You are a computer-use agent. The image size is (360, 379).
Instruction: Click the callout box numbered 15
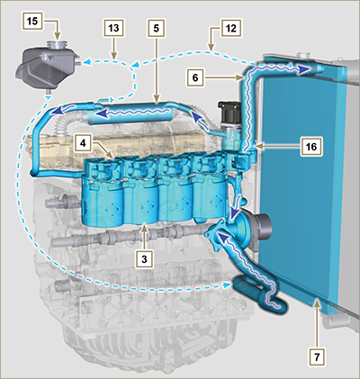coord(32,22)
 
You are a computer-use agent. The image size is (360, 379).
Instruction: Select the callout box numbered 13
coord(113,28)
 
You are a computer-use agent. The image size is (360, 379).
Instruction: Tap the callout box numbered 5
coord(156,28)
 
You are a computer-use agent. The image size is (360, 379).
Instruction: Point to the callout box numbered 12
coord(231,28)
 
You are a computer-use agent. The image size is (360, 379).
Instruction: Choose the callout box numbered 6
coord(195,78)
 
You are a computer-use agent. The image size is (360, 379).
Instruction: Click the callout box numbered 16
coord(311,147)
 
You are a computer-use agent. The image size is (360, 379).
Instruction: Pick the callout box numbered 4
coord(83,143)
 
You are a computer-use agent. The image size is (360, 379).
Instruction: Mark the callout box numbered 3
coord(144,259)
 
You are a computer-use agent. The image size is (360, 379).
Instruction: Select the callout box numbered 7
coord(317,357)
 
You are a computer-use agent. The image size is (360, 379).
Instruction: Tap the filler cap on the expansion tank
coord(57,45)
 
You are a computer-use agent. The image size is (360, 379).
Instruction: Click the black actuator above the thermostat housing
coord(229,112)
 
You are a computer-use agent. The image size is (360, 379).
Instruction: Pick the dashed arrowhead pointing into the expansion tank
coord(86,62)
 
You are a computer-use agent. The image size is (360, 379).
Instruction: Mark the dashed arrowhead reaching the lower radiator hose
coord(227,284)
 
